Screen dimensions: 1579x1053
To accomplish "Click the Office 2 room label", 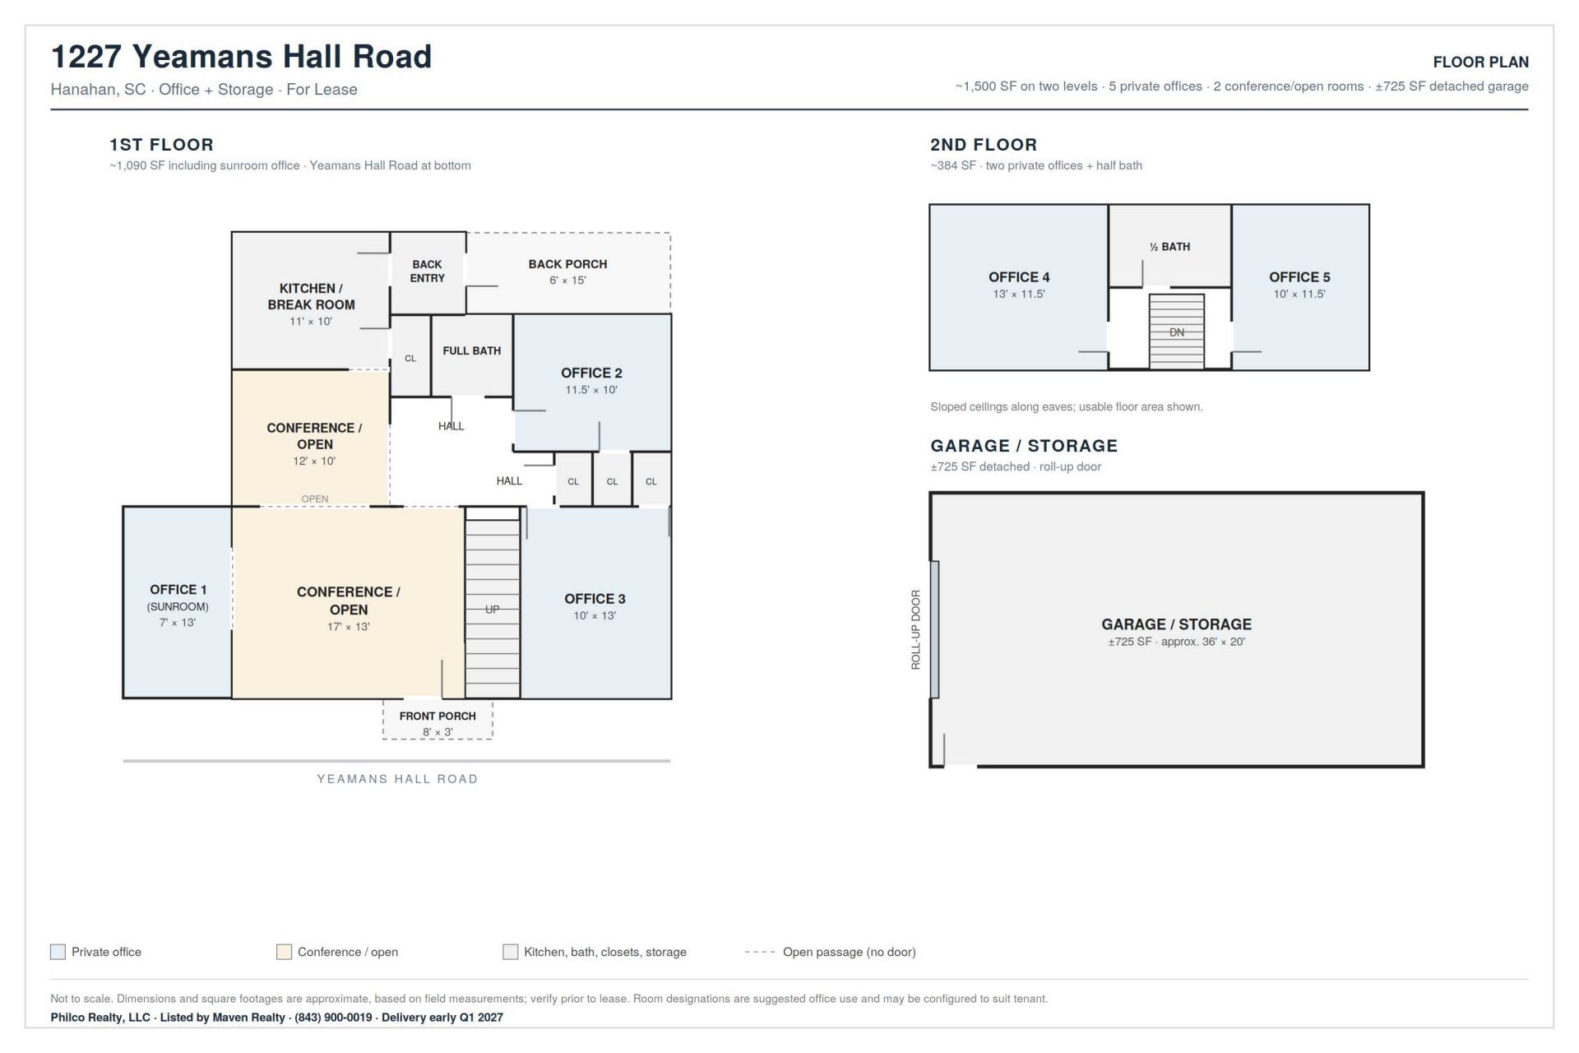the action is [x=591, y=373].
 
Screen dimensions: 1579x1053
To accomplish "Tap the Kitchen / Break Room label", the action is [x=311, y=296].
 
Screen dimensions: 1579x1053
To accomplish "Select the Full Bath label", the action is [x=472, y=350].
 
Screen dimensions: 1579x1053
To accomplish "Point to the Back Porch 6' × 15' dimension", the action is [x=567, y=281].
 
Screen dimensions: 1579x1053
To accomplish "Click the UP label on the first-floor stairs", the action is [x=492, y=610].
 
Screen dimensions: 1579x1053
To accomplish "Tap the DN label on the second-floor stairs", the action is [x=1177, y=332].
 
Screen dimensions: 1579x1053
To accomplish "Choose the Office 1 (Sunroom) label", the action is [x=178, y=597].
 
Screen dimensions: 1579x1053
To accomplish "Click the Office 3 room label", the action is [x=595, y=599].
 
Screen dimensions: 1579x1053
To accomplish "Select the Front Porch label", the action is [x=438, y=716].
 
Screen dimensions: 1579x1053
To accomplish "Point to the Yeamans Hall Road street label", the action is [x=397, y=779].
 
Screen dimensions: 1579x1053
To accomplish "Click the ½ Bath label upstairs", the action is [x=1169, y=247].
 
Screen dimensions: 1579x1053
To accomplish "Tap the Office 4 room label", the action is [x=1019, y=277].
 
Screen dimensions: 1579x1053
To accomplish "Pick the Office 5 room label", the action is [x=1299, y=277].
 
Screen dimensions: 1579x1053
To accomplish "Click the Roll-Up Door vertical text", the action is [x=915, y=629].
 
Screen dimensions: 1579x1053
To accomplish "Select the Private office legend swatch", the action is [x=58, y=952].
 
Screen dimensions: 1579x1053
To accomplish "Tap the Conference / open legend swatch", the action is [x=284, y=952].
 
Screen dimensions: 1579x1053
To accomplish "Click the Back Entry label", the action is [x=427, y=271].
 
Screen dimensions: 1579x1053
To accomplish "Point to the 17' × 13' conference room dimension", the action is [x=349, y=627].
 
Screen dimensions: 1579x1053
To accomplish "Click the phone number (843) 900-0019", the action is [x=333, y=1018].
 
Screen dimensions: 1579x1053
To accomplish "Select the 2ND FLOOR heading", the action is [x=984, y=145].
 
